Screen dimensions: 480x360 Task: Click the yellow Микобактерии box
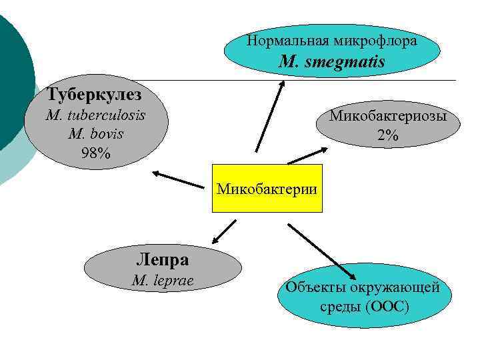pos(267,188)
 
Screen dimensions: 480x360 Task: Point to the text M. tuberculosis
pos(96,115)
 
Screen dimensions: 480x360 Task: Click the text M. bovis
pos(96,133)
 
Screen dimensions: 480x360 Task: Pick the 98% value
pos(96,153)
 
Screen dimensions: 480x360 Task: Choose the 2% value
pos(387,136)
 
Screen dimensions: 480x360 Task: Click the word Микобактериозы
pos(387,116)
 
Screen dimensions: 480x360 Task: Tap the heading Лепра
pos(162,259)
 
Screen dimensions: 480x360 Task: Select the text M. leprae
pos(163,281)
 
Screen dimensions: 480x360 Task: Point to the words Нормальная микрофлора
pos(332,41)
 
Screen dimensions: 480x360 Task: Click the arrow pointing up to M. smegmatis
pos(269,117)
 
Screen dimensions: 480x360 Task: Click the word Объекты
pos(313,288)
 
